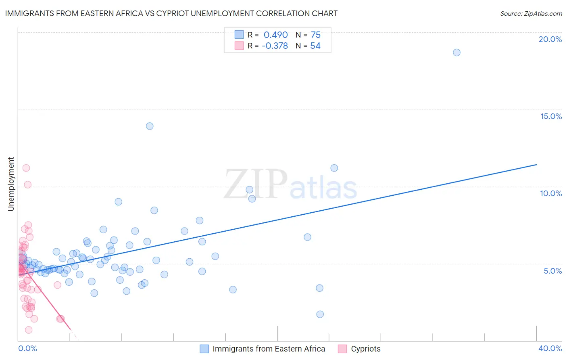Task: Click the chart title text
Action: click(171, 13)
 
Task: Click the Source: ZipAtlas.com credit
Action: click(531, 14)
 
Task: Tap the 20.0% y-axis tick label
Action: click(550, 39)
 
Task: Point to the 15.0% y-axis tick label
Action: click(551, 116)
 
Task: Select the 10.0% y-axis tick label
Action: click(551, 193)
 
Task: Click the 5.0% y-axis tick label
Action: click(552, 271)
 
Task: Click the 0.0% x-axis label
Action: click(27, 348)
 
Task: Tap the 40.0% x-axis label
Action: click(550, 348)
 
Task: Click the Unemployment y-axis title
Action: click(11, 184)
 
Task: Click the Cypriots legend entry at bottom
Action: click(365, 349)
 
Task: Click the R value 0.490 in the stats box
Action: click(275, 35)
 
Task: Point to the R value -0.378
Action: click(275, 46)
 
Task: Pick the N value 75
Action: click(315, 35)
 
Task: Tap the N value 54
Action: click(315, 46)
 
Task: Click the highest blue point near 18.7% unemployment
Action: click(457, 52)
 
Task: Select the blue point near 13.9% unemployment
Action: click(150, 126)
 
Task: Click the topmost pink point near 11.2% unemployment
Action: click(26, 168)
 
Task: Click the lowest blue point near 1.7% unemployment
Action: click(320, 314)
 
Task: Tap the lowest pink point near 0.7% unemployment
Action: click(29, 330)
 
